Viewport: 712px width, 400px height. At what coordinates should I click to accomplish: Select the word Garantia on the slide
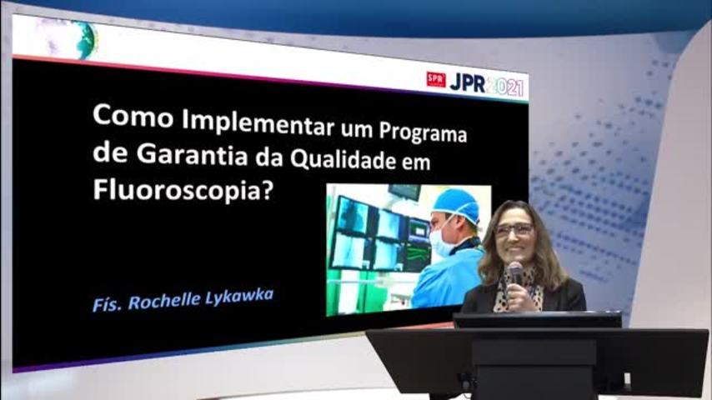point(192,154)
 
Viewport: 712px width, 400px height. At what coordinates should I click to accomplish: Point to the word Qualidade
point(343,160)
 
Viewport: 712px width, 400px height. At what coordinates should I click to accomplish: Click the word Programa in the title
point(423,134)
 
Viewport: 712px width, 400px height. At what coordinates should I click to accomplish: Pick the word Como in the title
point(133,116)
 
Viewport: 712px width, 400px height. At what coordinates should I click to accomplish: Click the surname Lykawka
point(239,297)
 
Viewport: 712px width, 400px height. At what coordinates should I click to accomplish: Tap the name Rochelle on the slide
point(164,302)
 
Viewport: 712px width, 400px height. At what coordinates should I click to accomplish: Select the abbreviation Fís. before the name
point(108,304)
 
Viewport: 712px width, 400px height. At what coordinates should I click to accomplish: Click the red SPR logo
point(436,80)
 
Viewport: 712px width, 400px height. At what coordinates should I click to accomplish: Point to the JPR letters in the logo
point(467,83)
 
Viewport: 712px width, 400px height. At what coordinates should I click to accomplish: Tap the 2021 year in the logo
point(504,87)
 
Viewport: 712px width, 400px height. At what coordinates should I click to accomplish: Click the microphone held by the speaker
point(515,272)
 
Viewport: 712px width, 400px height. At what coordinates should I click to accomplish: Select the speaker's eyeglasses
point(513,230)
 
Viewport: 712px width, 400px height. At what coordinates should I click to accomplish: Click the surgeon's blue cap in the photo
point(456,205)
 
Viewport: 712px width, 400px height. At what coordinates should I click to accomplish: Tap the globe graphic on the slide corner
point(86,40)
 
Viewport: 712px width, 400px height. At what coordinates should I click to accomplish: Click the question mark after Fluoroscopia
point(268,191)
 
